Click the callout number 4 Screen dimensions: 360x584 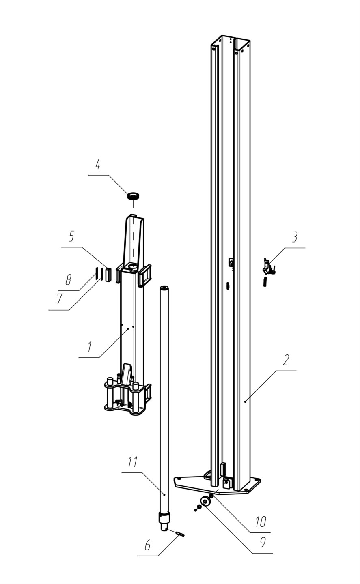point(98,165)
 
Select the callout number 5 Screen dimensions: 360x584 point(71,236)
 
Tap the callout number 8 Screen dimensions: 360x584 point(68,280)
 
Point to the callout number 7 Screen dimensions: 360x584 point(60,299)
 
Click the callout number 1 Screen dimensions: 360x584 point(90,346)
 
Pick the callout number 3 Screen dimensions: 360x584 point(295,237)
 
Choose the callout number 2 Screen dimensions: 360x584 point(286,360)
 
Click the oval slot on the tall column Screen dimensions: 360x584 point(228,286)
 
